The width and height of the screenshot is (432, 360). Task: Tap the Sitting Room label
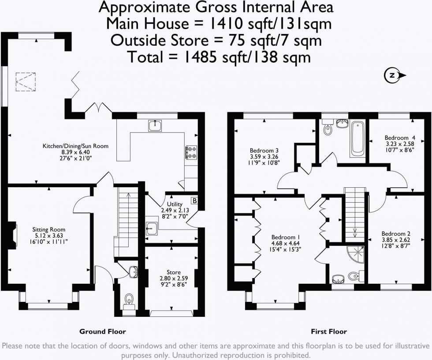pyautogui.click(x=48, y=230)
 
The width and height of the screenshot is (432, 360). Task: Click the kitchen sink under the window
pyautogui.click(x=155, y=126)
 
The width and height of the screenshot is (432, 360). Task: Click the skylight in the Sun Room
pyautogui.click(x=26, y=82)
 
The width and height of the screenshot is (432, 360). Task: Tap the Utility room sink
pyautogui.click(x=153, y=228)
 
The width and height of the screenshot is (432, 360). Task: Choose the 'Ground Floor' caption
pyautogui.click(x=102, y=331)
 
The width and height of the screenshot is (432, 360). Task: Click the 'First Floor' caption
pyautogui.click(x=328, y=331)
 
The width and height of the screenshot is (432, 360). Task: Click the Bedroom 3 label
pyautogui.click(x=262, y=149)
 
